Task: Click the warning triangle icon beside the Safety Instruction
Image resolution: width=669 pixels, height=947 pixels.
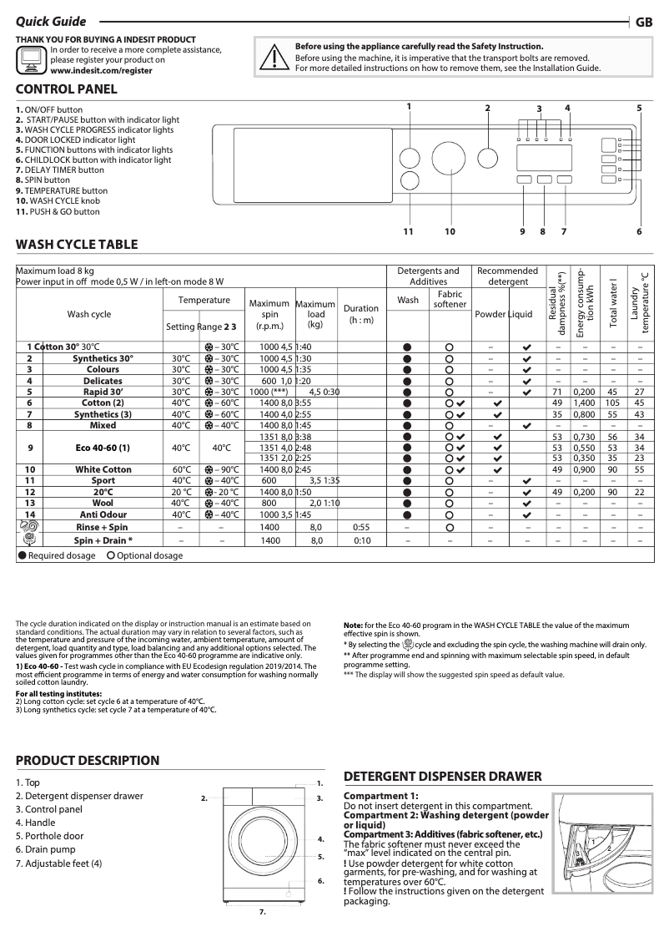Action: [x=274, y=56]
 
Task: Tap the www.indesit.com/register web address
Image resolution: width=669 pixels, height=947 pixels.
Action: [x=101, y=72]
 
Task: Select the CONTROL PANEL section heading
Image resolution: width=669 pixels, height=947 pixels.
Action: [x=67, y=89]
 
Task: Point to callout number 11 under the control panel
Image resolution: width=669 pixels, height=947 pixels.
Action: [x=409, y=231]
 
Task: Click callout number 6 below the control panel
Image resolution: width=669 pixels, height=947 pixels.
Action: [x=639, y=231]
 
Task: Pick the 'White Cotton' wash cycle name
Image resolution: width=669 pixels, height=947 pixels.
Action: [x=103, y=469]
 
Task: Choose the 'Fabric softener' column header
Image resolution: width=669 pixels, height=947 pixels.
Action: [x=450, y=299]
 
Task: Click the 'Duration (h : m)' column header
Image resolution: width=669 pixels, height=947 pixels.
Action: [x=360, y=314]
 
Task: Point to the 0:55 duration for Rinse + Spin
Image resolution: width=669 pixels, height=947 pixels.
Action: [x=360, y=528]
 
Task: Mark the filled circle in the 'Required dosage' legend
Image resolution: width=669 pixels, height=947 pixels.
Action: [x=23, y=555]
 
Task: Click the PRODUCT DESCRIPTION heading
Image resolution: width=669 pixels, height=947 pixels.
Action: [x=88, y=760]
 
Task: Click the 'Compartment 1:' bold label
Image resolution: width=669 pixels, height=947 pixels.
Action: [x=381, y=796]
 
